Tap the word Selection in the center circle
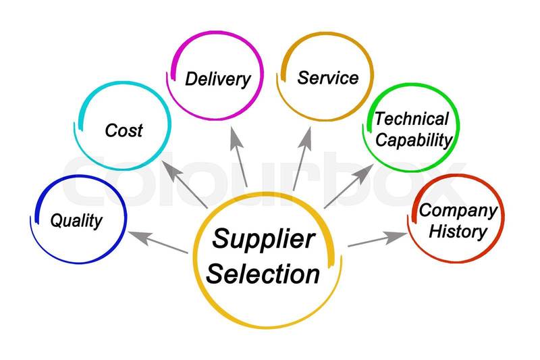(263, 274)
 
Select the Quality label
(77, 220)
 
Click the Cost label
(124, 130)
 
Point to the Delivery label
(217, 78)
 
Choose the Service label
(327, 77)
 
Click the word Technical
(412, 120)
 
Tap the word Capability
(413, 140)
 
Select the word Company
(458, 211)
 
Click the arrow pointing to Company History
(378, 239)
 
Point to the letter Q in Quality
(57, 220)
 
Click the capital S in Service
(303, 77)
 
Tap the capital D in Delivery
(191, 78)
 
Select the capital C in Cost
(111, 130)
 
